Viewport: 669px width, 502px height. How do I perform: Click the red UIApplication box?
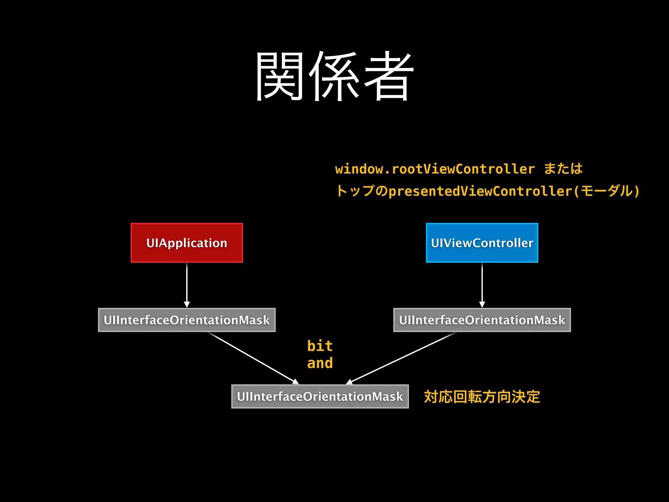point(187,243)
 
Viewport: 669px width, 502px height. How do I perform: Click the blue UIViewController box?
point(482,243)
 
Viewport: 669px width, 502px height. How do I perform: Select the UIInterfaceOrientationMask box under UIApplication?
point(187,320)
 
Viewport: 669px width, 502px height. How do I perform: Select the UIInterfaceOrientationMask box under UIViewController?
point(482,320)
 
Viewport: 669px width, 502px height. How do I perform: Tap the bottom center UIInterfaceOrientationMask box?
point(320,396)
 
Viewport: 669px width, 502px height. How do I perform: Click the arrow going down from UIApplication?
point(187,284)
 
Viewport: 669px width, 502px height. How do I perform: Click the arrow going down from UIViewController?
point(482,284)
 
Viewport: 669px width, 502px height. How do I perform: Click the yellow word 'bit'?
point(320,346)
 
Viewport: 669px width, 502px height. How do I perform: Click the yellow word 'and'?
point(320,363)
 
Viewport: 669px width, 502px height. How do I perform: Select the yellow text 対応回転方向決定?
point(482,397)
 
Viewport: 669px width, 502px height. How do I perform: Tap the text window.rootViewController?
point(435,169)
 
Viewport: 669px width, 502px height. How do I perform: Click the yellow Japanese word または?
point(563,169)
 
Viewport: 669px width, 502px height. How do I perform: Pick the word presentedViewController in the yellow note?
point(480,191)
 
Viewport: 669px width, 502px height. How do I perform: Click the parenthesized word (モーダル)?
point(607,191)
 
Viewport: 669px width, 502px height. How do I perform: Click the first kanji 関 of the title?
point(280,76)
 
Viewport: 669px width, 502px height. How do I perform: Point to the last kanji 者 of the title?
point(389,76)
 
